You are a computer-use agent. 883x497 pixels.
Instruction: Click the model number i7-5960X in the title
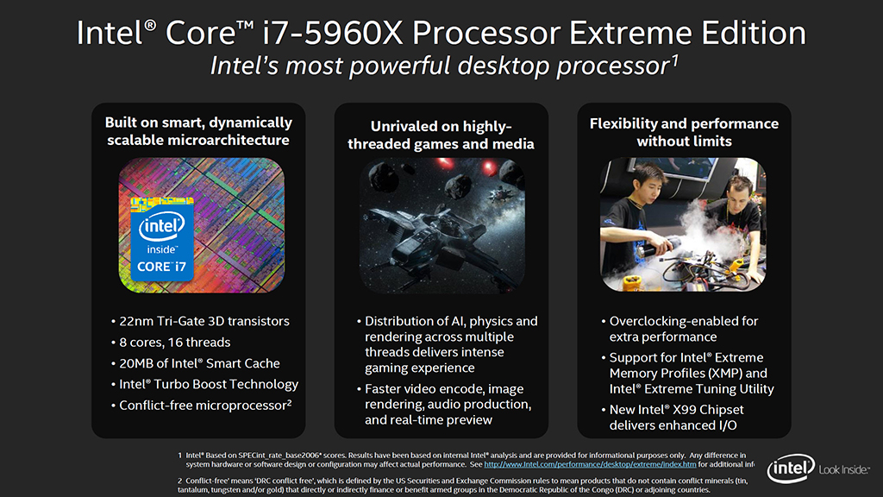[x=333, y=34]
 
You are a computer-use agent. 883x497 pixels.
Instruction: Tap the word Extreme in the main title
[x=631, y=34]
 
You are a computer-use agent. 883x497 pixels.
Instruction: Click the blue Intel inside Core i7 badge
[x=162, y=239]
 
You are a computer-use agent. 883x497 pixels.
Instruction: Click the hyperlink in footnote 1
[x=590, y=464]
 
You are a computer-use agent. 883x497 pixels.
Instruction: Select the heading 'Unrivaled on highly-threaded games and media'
[x=441, y=135]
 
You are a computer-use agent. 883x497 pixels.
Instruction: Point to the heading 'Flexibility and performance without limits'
[x=684, y=132]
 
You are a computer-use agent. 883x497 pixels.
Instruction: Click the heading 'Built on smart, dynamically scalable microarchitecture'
[x=198, y=131]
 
